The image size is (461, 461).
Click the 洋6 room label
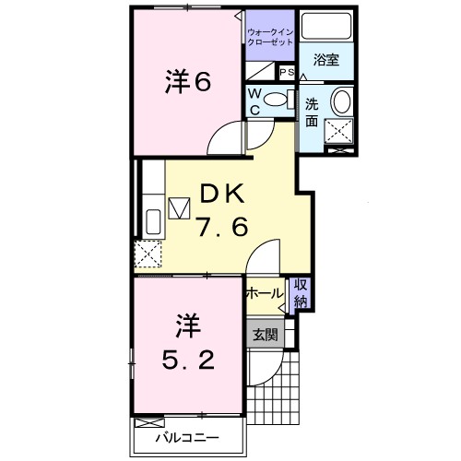(x=188, y=82)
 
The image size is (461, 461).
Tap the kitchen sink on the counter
(x=152, y=222)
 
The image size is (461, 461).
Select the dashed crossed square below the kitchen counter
(x=148, y=252)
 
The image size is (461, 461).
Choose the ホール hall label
(x=265, y=293)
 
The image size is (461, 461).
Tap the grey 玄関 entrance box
(x=265, y=335)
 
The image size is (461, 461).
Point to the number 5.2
(x=188, y=343)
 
